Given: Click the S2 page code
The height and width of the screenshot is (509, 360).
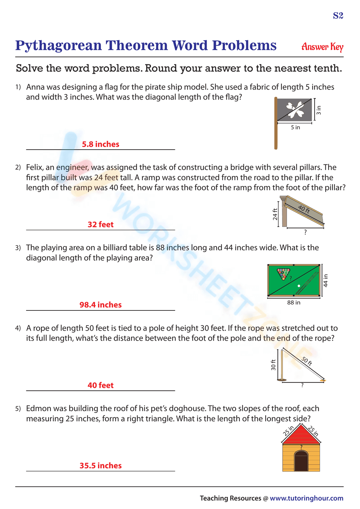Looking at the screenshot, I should point(338,15).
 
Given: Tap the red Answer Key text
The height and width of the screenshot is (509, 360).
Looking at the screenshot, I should point(322,47).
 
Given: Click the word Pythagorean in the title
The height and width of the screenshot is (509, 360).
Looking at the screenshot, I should point(59,46).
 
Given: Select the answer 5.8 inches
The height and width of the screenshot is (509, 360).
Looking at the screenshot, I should point(100,144).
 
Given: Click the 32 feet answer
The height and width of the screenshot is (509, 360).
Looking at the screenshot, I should point(100,224).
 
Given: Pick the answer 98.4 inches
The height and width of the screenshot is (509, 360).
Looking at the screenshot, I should point(100,305).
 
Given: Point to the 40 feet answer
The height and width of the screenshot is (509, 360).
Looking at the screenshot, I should point(100,385).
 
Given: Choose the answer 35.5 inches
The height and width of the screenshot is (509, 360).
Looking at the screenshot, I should point(100,465).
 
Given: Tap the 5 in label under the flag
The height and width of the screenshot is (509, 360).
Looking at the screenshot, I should point(295,127).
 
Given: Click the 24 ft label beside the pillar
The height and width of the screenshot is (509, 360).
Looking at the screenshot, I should point(275,214).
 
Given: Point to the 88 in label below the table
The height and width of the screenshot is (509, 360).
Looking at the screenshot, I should point(294,303).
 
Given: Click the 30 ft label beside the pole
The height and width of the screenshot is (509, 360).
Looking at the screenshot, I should point(273,365).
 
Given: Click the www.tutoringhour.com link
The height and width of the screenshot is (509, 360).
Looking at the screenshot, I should point(306,498).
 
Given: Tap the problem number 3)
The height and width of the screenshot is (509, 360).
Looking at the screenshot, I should point(18,248).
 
